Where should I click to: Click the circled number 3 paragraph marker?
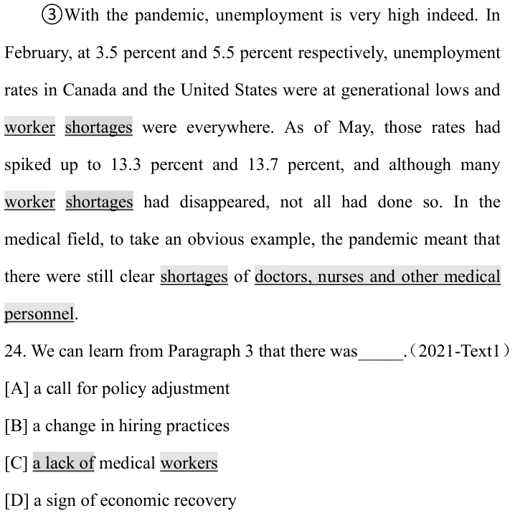click(x=52, y=17)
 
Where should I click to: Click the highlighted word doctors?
click(x=283, y=276)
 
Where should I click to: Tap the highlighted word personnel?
click(x=39, y=314)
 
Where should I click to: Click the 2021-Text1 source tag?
click(x=459, y=351)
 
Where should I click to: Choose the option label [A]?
click(x=16, y=389)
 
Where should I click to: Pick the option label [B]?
click(x=16, y=425)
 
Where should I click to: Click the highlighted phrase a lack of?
click(x=64, y=463)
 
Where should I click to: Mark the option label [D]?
click(x=16, y=500)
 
